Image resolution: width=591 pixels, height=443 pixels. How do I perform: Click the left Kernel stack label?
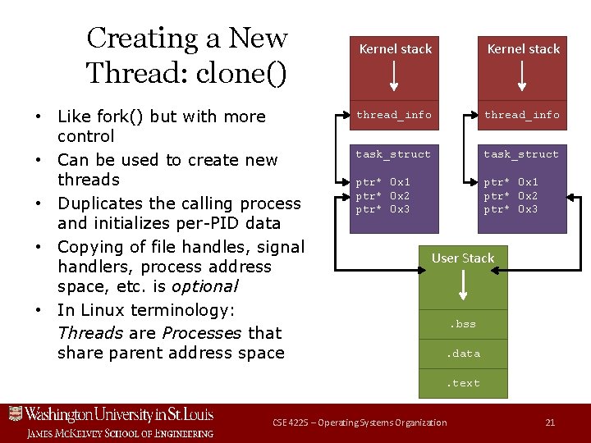(x=395, y=49)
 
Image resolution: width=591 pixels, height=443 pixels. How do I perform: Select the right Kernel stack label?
(x=523, y=49)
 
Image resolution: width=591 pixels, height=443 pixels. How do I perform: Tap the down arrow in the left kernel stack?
(x=395, y=75)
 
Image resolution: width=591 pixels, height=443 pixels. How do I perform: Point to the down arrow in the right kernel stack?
(x=523, y=75)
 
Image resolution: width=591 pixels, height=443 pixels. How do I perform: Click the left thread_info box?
(x=395, y=115)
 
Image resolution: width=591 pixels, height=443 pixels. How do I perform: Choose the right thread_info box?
(x=523, y=115)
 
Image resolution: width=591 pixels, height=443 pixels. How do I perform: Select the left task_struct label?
(x=393, y=154)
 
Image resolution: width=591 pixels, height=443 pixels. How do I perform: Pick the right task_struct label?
(x=521, y=154)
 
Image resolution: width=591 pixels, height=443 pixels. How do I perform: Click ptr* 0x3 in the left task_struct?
(x=383, y=209)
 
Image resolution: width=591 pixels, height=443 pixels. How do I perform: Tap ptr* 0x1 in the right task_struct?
(x=511, y=181)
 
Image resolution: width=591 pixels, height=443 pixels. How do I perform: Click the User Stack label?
(x=463, y=258)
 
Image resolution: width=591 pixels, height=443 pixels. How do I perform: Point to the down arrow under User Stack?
(x=463, y=285)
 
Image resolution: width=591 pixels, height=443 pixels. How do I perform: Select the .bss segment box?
(x=463, y=324)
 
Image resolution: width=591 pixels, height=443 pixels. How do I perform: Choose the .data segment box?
(x=463, y=354)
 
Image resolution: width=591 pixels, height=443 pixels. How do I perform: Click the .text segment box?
(x=463, y=383)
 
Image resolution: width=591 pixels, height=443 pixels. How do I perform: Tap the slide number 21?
(x=550, y=422)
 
